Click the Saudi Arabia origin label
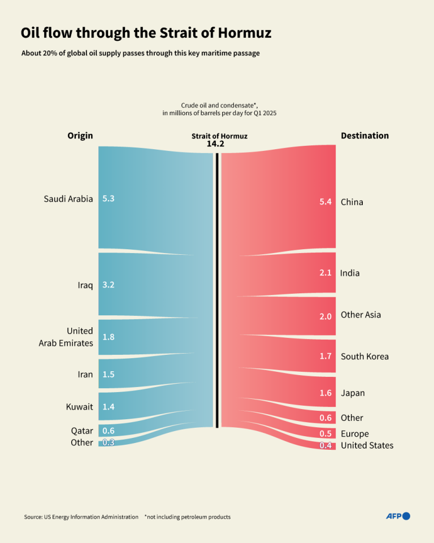click(68, 199)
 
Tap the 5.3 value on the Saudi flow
click(108, 199)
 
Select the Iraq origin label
click(85, 285)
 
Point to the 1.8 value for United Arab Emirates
click(108, 337)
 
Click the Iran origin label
click(85, 375)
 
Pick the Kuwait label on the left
click(80, 407)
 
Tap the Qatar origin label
click(82, 431)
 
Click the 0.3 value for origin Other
click(108, 442)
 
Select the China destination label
click(352, 202)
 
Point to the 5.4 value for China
click(325, 202)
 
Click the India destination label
click(350, 273)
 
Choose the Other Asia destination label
click(361, 315)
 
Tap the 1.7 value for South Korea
click(325, 357)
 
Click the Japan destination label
click(353, 393)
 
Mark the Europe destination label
click(354, 433)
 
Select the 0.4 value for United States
click(325, 445)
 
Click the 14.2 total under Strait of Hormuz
click(216, 144)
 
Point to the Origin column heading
click(80, 136)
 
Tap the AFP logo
click(398, 516)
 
